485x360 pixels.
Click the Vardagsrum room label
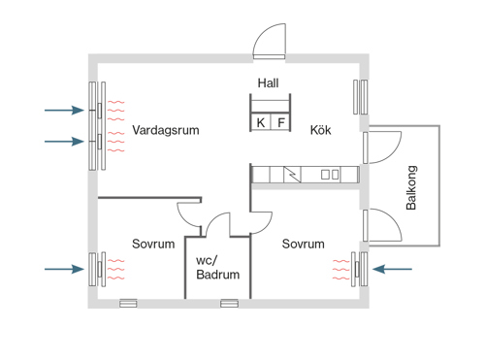point(166,130)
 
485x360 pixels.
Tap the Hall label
point(268,83)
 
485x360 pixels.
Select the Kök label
point(320,130)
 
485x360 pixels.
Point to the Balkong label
point(411,187)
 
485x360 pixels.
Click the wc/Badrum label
point(217,268)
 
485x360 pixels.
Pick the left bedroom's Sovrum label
point(153,244)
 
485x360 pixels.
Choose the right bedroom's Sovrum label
point(303,244)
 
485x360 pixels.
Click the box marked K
point(261,122)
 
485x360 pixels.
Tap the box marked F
point(281,122)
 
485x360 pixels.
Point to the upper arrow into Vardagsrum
point(64,111)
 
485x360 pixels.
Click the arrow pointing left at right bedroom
point(392,269)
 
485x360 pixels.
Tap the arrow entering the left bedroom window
point(64,269)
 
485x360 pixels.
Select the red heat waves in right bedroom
point(341,269)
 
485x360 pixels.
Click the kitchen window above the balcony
point(361,97)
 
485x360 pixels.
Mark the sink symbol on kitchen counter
point(330,175)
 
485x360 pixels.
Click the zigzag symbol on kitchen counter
point(292,175)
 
